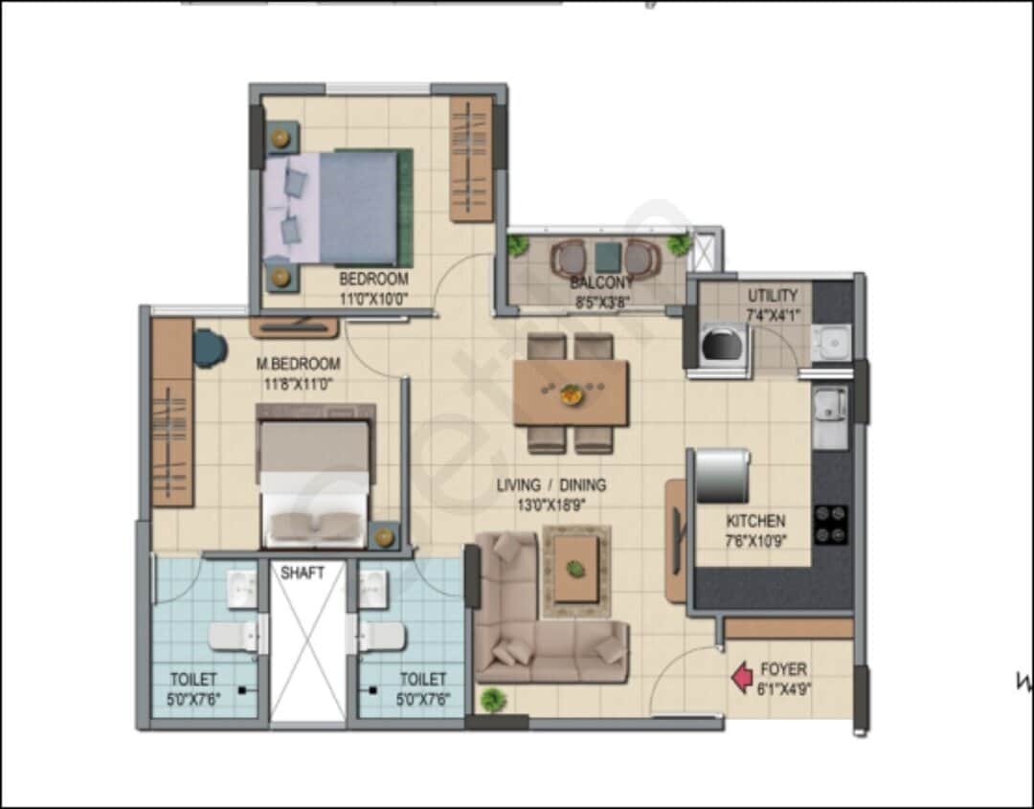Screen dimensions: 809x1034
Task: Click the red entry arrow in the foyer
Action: coord(742,678)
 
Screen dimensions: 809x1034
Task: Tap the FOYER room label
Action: coord(783,669)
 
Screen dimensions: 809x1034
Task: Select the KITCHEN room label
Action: coord(755,522)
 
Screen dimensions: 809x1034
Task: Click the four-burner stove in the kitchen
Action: coord(830,524)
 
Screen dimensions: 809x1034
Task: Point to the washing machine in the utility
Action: coord(721,344)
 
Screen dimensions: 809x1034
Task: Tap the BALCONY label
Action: coord(601,282)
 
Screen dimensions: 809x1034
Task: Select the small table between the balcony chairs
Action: coord(606,257)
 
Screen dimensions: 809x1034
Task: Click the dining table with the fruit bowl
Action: coord(571,393)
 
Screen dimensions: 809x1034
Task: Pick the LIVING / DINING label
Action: coord(551,485)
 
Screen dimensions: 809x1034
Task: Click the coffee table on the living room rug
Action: coord(575,569)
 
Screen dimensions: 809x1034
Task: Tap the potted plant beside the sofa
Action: coord(493,699)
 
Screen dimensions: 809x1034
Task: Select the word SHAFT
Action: coord(302,573)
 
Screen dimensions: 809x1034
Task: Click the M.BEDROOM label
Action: coord(298,364)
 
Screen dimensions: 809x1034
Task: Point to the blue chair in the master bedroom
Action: coord(209,348)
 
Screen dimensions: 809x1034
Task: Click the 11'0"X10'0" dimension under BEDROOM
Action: coord(373,298)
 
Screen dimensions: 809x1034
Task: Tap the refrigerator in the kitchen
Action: coord(722,476)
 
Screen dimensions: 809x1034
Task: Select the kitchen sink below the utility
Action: coord(829,416)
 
